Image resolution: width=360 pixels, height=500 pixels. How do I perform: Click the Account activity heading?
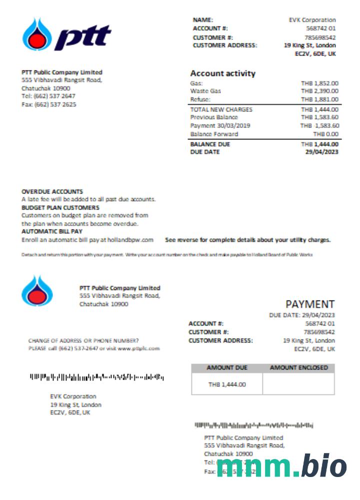click(x=222, y=73)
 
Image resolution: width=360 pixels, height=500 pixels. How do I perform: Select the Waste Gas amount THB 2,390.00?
click(x=319, y=91)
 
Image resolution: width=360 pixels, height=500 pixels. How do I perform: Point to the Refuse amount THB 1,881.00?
click(x=319, y=99)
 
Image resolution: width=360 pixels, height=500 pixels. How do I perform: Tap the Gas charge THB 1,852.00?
click(x=319, y=83)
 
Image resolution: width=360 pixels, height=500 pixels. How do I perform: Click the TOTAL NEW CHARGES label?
click(x=221, y=109)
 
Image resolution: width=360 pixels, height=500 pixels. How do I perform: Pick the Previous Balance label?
click(x=214, y=117)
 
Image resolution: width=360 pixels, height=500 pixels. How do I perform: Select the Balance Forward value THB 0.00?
click(x=325, y=134)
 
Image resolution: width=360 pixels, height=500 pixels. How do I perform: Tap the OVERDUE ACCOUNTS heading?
click(x=52, y=191)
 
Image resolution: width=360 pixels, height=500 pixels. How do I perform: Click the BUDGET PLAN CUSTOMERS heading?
click(x=60, y=207)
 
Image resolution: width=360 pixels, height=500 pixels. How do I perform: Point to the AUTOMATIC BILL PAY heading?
click(x=52, y=231)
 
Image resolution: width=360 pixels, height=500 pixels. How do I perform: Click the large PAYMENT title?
click(x=310, y=304)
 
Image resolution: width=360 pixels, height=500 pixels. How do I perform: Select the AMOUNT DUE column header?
click(x=227, y=368)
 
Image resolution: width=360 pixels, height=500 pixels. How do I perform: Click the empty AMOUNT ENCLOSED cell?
click(x=298, y=384)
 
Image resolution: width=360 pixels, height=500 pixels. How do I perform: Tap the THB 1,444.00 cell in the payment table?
click(x=227, y=384)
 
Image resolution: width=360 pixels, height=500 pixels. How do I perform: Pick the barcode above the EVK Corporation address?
click(x=96, y=376)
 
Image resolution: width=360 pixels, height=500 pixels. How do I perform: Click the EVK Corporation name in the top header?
click(x=312, y=20)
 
